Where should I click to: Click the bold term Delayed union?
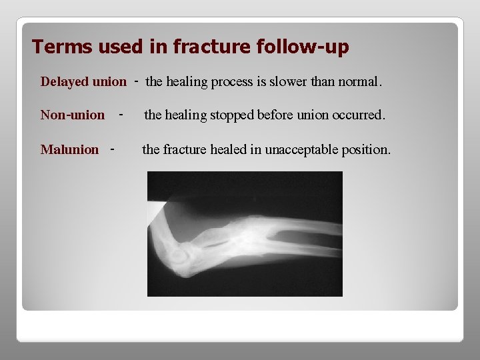pos(83,82)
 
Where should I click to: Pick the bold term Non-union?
pos(72,115)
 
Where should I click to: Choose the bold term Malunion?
pos(69,149)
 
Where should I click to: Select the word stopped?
pos(231,115)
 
